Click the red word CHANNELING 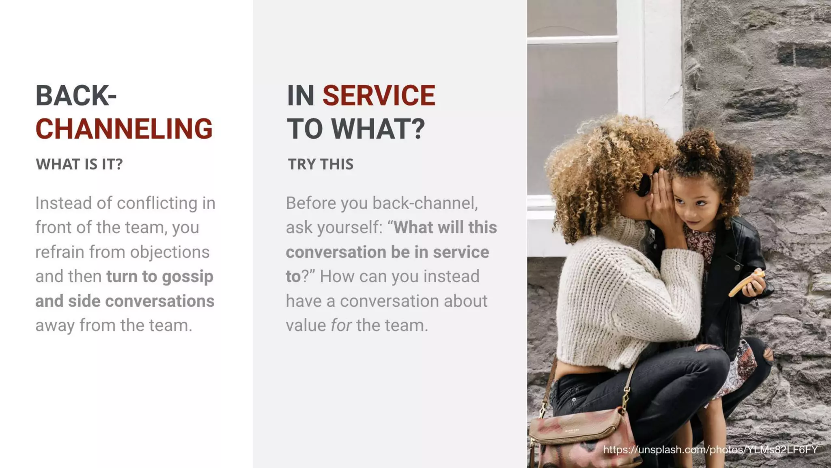point(124,129)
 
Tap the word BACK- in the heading point(76,96)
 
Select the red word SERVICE point(379,96)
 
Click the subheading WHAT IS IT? point(79,164)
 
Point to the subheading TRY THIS point(321,164)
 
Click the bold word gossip point(187,277)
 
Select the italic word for point(341,325)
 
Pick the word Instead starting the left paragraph point(63,203)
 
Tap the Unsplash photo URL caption point(710,449)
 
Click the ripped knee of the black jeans point(767,353)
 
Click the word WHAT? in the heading point(378,129)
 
